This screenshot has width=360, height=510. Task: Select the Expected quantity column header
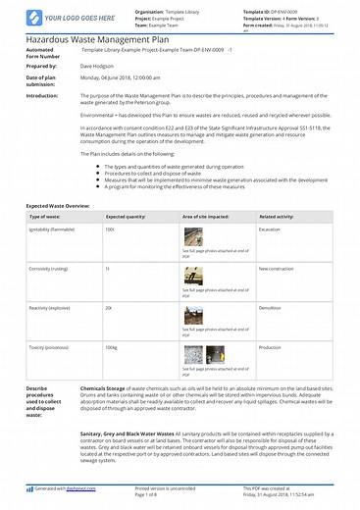click(x=125, y=242)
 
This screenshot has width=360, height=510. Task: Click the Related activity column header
click(x=280, y=242)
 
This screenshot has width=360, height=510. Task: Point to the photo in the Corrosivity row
click(x=192, y=277)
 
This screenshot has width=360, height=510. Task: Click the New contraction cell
click(x=276, y=268)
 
